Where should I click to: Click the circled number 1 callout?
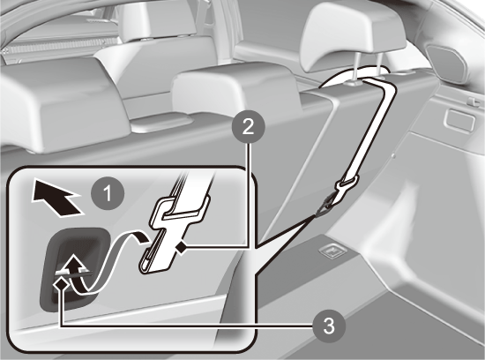[x=108, y=194]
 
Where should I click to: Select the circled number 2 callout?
[x=249, y=127]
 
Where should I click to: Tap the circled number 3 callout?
[x=329, y=326]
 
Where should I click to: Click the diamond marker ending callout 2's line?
[x=182, y=247]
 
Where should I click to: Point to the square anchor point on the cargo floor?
[x=332, y=250]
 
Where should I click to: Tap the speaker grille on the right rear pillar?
[x=447, y=63]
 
